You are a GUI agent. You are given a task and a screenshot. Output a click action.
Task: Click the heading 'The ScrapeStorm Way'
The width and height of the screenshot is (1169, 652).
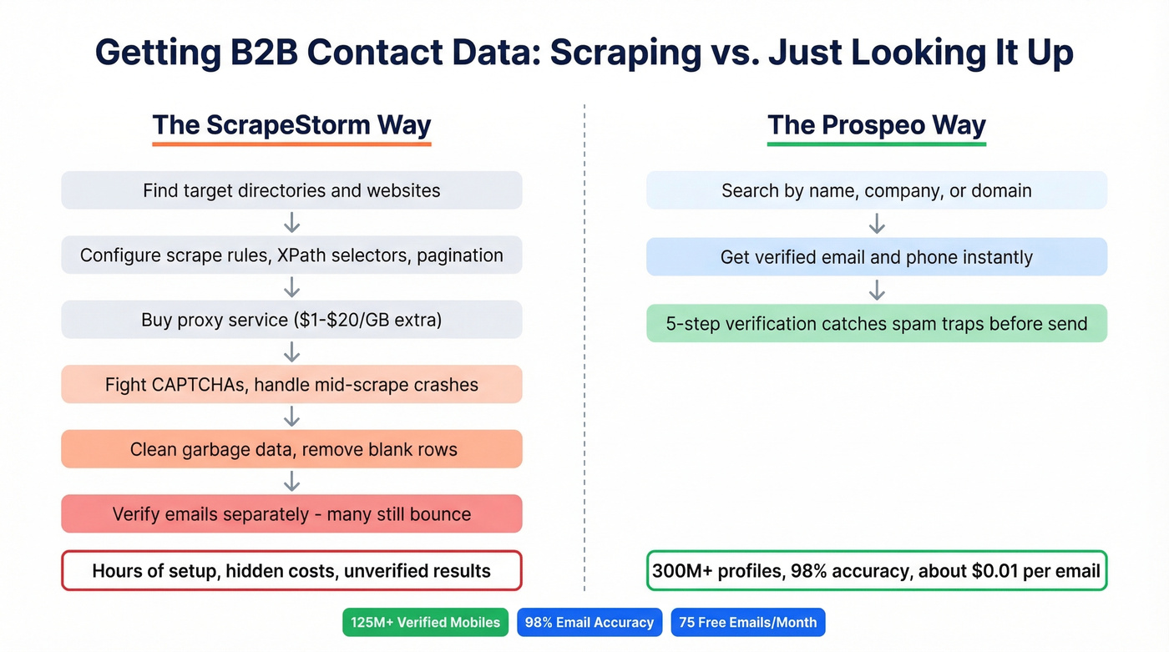pos(291,125)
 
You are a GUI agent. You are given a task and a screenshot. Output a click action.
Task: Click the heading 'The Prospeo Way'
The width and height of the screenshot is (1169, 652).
pos(876,125)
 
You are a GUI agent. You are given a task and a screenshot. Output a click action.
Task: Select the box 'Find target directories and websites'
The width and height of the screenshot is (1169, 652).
pos(291,190)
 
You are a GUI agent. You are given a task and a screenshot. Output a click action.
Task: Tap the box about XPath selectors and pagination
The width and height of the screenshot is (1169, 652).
pos(291,255)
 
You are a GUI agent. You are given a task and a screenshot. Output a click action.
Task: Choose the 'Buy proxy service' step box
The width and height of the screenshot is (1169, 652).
pos(291,320)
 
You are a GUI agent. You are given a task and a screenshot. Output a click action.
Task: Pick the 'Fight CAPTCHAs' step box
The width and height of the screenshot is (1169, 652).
pos(291,385)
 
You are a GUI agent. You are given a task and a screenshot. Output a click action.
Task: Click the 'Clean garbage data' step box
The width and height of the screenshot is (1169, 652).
pos(291,449)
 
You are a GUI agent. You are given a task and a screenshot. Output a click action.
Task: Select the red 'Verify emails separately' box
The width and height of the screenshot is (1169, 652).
pos(291,514)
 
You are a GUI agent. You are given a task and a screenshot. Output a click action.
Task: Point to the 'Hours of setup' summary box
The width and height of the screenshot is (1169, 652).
pos(291,571)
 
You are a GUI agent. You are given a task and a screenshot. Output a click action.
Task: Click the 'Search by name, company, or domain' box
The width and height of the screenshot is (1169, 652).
pos(876,190)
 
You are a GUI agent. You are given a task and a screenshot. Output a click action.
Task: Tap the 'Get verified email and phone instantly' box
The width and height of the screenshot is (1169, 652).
pos(876,257)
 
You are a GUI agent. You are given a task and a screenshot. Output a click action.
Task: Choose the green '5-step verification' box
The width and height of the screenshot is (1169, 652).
pos(876,324)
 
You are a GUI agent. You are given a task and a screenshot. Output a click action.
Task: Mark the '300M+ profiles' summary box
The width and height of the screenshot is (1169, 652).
pos(876,571)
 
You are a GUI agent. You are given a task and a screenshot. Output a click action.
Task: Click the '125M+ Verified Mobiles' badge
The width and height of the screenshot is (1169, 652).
pos(425,622)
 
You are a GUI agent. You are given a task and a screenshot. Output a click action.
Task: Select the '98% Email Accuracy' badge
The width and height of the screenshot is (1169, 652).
pos(590,622)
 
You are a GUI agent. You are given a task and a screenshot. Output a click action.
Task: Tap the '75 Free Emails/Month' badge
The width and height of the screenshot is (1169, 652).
pos(747,622)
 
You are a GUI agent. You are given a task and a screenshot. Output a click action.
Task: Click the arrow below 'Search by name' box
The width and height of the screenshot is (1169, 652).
pos(876,224)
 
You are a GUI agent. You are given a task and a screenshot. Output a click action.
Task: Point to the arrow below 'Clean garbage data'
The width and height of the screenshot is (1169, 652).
pos(291,482)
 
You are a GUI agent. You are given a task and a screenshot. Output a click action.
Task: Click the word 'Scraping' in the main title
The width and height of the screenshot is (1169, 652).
pos(625,53)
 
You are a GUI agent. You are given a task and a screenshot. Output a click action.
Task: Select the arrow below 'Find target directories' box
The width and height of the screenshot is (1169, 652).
pos(291,223)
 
